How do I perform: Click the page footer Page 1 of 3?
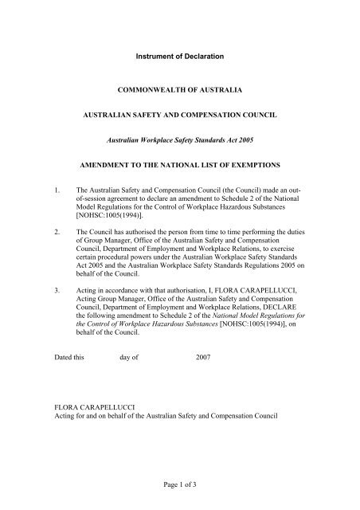[180, 463]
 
